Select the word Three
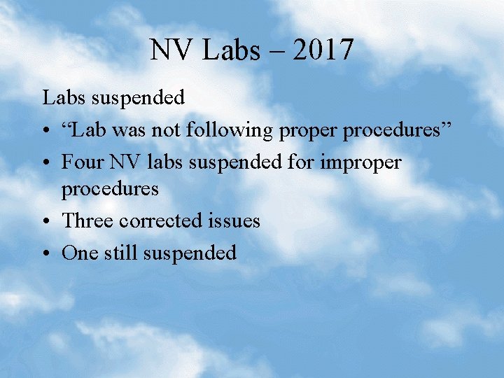pos(87,221)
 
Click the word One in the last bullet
pos(78,253)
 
